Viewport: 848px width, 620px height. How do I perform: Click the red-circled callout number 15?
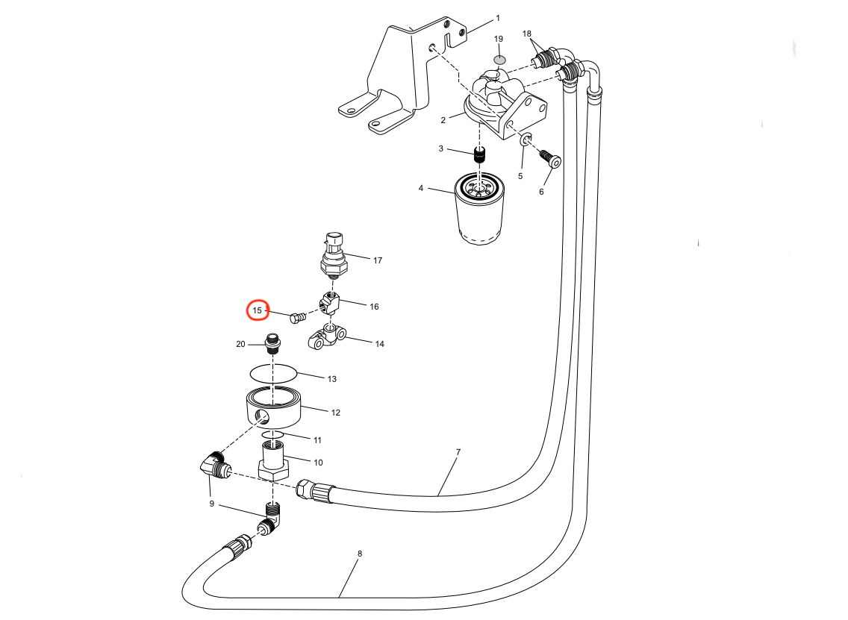258,310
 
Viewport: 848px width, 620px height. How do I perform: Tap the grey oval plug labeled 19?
499,59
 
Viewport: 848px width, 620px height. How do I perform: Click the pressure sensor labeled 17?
333,255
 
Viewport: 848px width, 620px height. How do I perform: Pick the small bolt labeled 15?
296,319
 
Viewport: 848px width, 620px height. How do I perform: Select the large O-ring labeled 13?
274,372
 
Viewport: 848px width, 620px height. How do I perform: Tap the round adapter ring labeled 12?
272,407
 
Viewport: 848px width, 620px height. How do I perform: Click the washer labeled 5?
526,139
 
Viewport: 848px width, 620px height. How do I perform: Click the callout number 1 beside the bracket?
498,18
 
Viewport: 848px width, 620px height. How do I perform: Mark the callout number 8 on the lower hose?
360,554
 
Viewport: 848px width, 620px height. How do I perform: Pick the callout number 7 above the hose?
458,453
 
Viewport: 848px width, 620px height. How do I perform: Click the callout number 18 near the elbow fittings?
527,34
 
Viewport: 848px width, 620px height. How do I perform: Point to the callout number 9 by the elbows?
211,504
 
